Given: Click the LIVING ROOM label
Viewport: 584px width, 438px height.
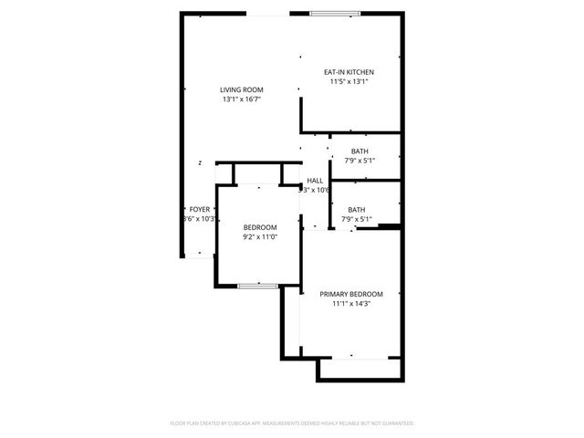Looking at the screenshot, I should [x=241, y=89].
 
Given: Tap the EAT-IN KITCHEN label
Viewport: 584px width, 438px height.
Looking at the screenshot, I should [x=349, y=72].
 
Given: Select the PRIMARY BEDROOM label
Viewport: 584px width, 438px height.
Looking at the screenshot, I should [x=350, y=294].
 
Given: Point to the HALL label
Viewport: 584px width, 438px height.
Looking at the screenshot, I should [x=315, y=181].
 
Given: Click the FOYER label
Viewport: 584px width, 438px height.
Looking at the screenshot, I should [x=199, y=209].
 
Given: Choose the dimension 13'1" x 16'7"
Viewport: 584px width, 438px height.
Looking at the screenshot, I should [x=241, y=99].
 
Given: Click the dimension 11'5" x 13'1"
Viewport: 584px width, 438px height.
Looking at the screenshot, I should [x=349, y=81].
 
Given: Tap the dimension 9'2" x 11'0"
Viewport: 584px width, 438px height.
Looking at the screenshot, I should [x=259, y=236].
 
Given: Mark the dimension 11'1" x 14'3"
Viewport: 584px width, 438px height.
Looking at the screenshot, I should [x=350, y=304].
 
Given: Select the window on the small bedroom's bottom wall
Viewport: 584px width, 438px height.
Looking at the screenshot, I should [x=258, y=287].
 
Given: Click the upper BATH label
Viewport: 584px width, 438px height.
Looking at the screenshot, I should [x=360, y=151].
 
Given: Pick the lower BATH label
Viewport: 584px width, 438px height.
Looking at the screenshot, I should [x=356, y=209].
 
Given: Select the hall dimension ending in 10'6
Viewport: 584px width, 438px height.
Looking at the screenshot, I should [x=314, y=190].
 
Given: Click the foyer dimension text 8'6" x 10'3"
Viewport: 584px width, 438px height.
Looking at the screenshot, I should [x=199, y=218].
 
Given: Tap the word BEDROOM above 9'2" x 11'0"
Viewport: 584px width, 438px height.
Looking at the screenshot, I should [x=259, y=227].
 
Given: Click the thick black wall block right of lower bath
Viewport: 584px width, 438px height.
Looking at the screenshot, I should [x=390, y=225].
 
